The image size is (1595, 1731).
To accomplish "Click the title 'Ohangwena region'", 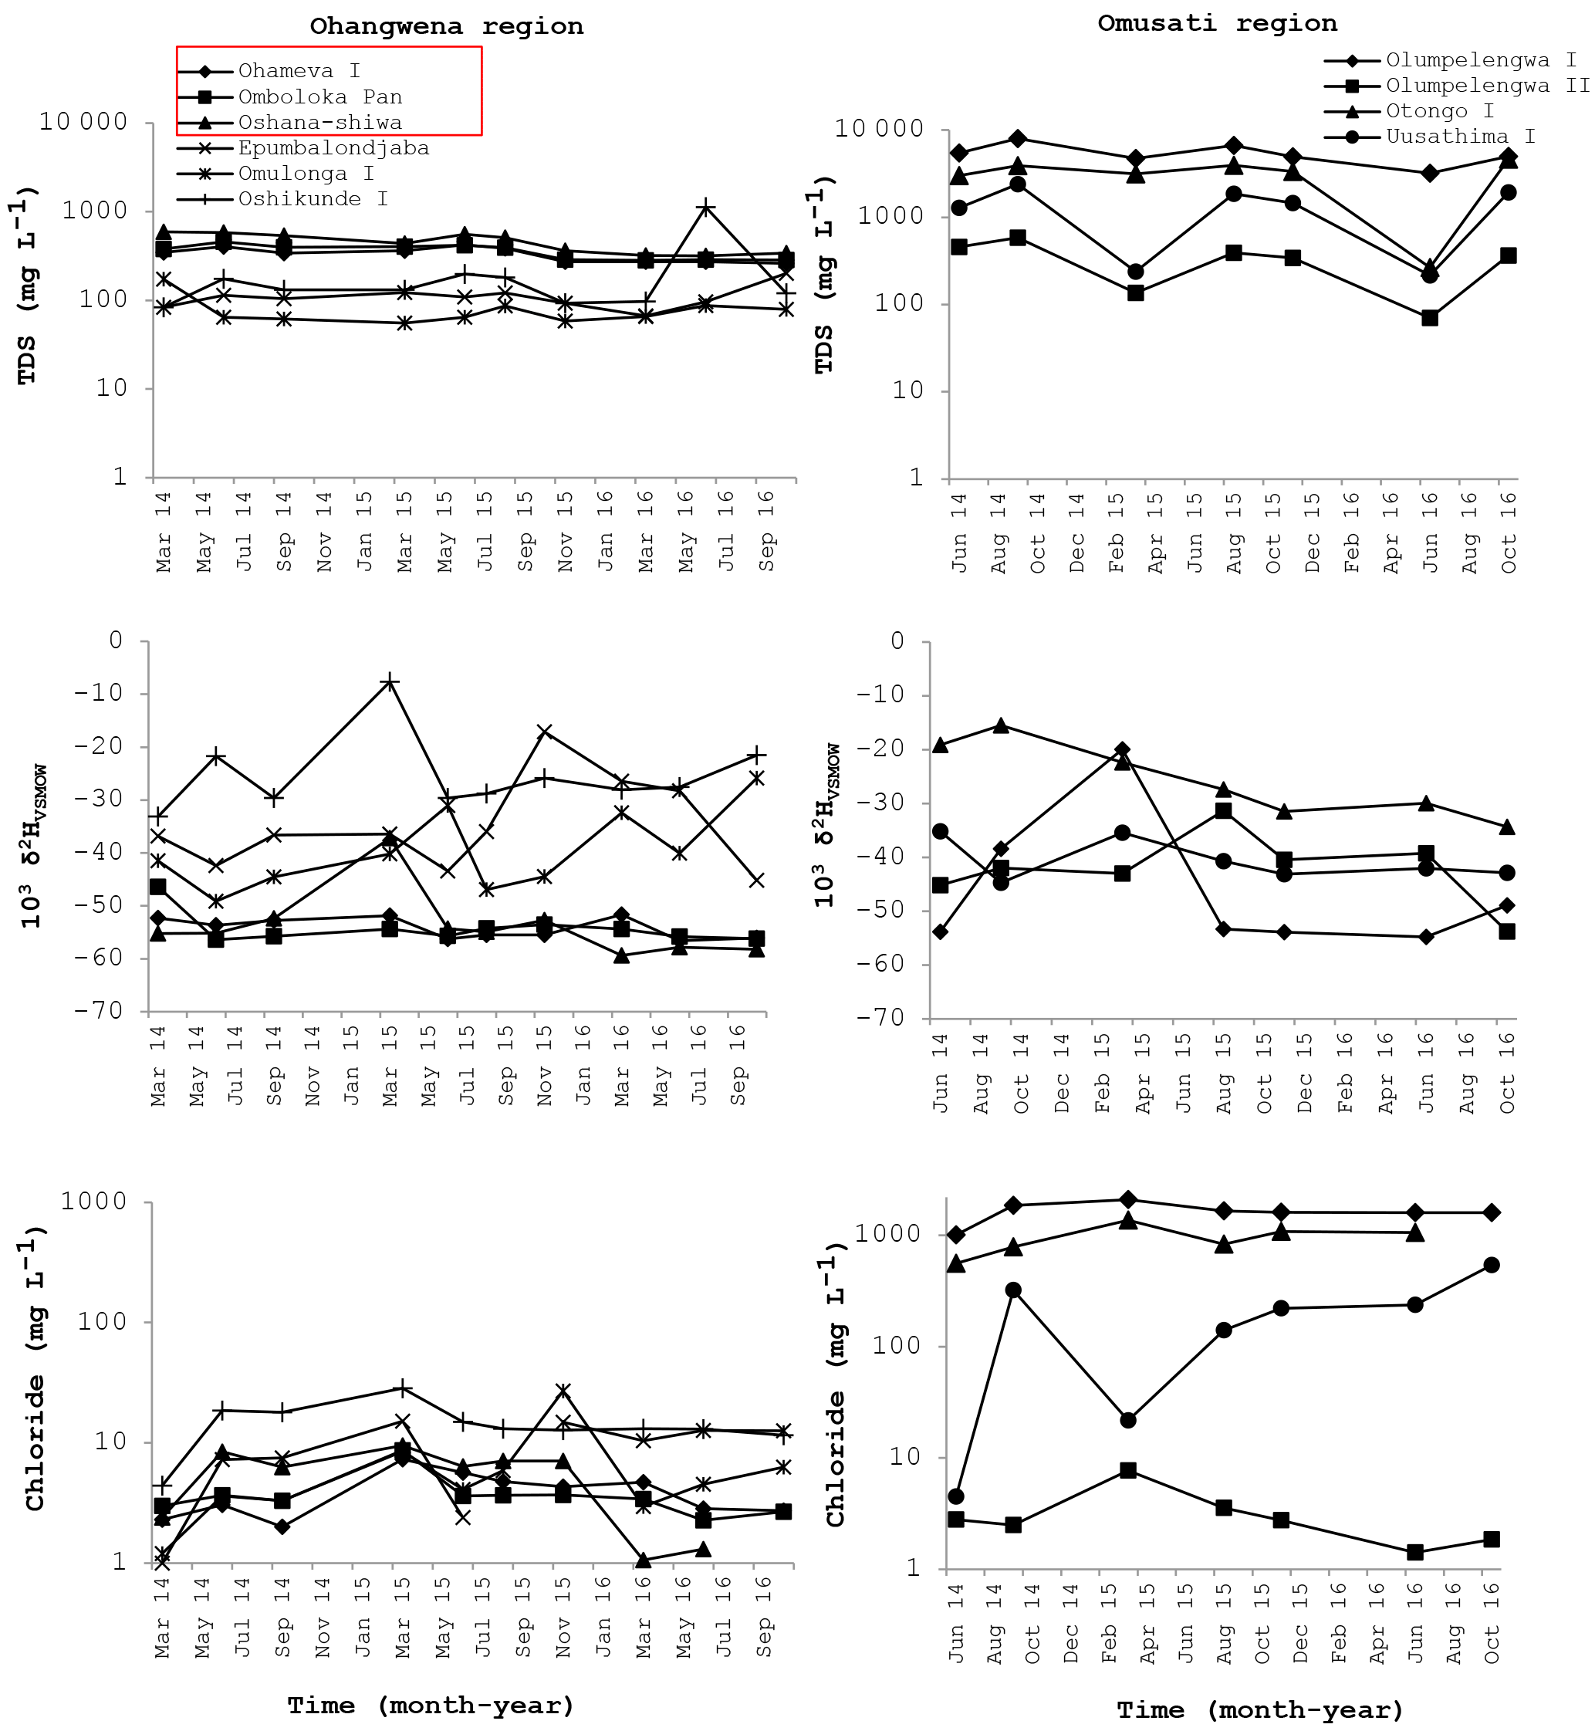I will [446, 26].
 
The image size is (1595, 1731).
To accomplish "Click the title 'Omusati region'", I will [1217, 23].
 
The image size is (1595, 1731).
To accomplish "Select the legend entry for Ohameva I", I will [299, 71].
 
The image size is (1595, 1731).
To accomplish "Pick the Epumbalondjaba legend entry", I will [333, 148].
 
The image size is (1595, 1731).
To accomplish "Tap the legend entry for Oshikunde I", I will [313, 199].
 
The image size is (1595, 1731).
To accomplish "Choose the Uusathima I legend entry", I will [1461, 137].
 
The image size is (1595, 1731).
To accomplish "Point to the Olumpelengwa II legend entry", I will [1487, 86].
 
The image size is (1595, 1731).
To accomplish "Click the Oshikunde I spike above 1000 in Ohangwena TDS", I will [706, 208].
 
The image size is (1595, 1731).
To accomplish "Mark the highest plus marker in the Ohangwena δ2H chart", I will [390, 682].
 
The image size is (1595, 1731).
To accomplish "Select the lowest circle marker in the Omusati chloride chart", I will [955, 1496].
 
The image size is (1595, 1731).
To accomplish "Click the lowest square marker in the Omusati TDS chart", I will [1429, 318].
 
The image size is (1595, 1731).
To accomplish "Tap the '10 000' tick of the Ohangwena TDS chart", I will [83, 122].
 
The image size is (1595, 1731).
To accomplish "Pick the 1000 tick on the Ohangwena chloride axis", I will [93, 1202].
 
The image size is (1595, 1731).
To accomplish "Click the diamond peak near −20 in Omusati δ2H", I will [1122, 749].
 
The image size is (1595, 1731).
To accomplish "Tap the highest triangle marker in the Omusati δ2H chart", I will [1000, 725].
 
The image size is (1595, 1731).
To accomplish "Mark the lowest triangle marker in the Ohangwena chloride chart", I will [643, 1559].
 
